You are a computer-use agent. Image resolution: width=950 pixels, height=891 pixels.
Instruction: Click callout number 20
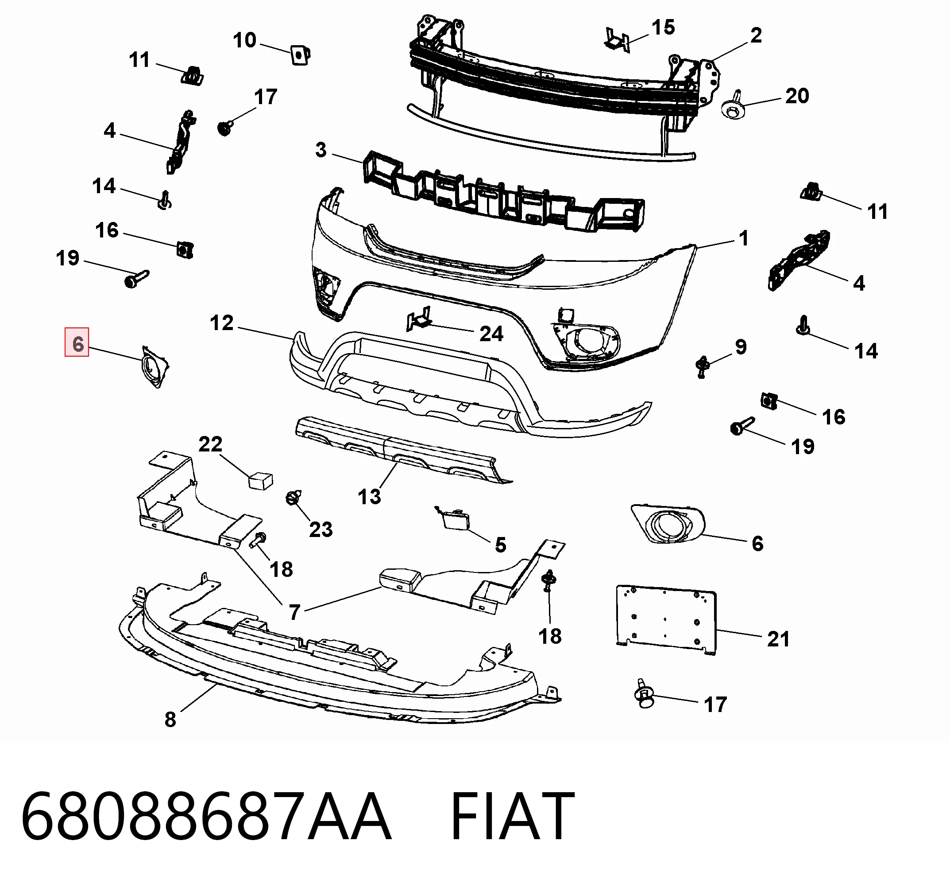point(797,96)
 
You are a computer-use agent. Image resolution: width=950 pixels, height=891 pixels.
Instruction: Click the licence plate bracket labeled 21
point(666,619)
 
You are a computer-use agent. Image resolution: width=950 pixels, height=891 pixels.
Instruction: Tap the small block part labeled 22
point(260,480)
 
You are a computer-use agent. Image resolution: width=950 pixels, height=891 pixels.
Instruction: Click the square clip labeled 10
point(300,55)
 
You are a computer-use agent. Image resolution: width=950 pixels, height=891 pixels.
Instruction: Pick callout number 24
point(491,334)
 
